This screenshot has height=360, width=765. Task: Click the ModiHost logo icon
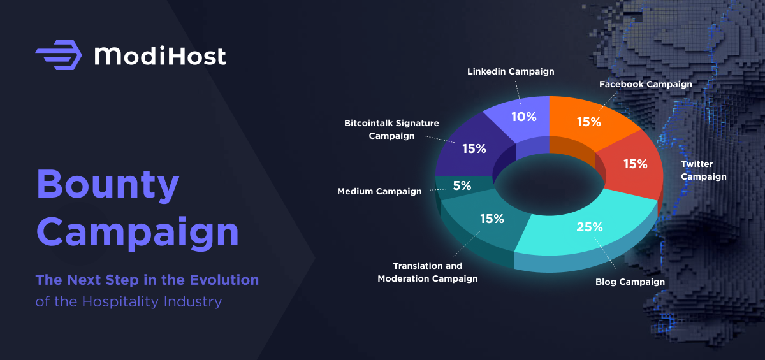(x=59, y=55)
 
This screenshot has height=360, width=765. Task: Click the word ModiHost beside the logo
(x=160, y=55)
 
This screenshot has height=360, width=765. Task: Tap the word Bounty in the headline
(x=108, y=185)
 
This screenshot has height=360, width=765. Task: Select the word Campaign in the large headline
(x=138, y=232)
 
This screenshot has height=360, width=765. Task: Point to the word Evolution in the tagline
(x=224, y=280)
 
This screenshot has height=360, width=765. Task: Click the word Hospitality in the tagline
(x=120, y=301)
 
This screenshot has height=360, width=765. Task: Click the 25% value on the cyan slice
(x=590, y=227)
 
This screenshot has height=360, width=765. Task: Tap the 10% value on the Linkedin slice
(x=524, y=117)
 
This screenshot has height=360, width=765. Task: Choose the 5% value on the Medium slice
(x=462, y=185)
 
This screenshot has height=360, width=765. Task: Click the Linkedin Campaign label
(x=511, y=71)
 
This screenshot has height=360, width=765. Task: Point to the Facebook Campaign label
(x=645, y=84)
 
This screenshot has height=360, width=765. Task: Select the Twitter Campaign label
(x=704, y=170)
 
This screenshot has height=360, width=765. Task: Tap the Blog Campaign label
(x=630, y=282)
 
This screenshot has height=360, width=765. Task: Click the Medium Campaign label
(x=379, y=191)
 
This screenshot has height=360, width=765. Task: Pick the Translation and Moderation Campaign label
(x=428, y=272)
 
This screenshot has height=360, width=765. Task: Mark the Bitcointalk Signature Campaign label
(x=391, y=129)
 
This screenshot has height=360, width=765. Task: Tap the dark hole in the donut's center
(x=549, y=184)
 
